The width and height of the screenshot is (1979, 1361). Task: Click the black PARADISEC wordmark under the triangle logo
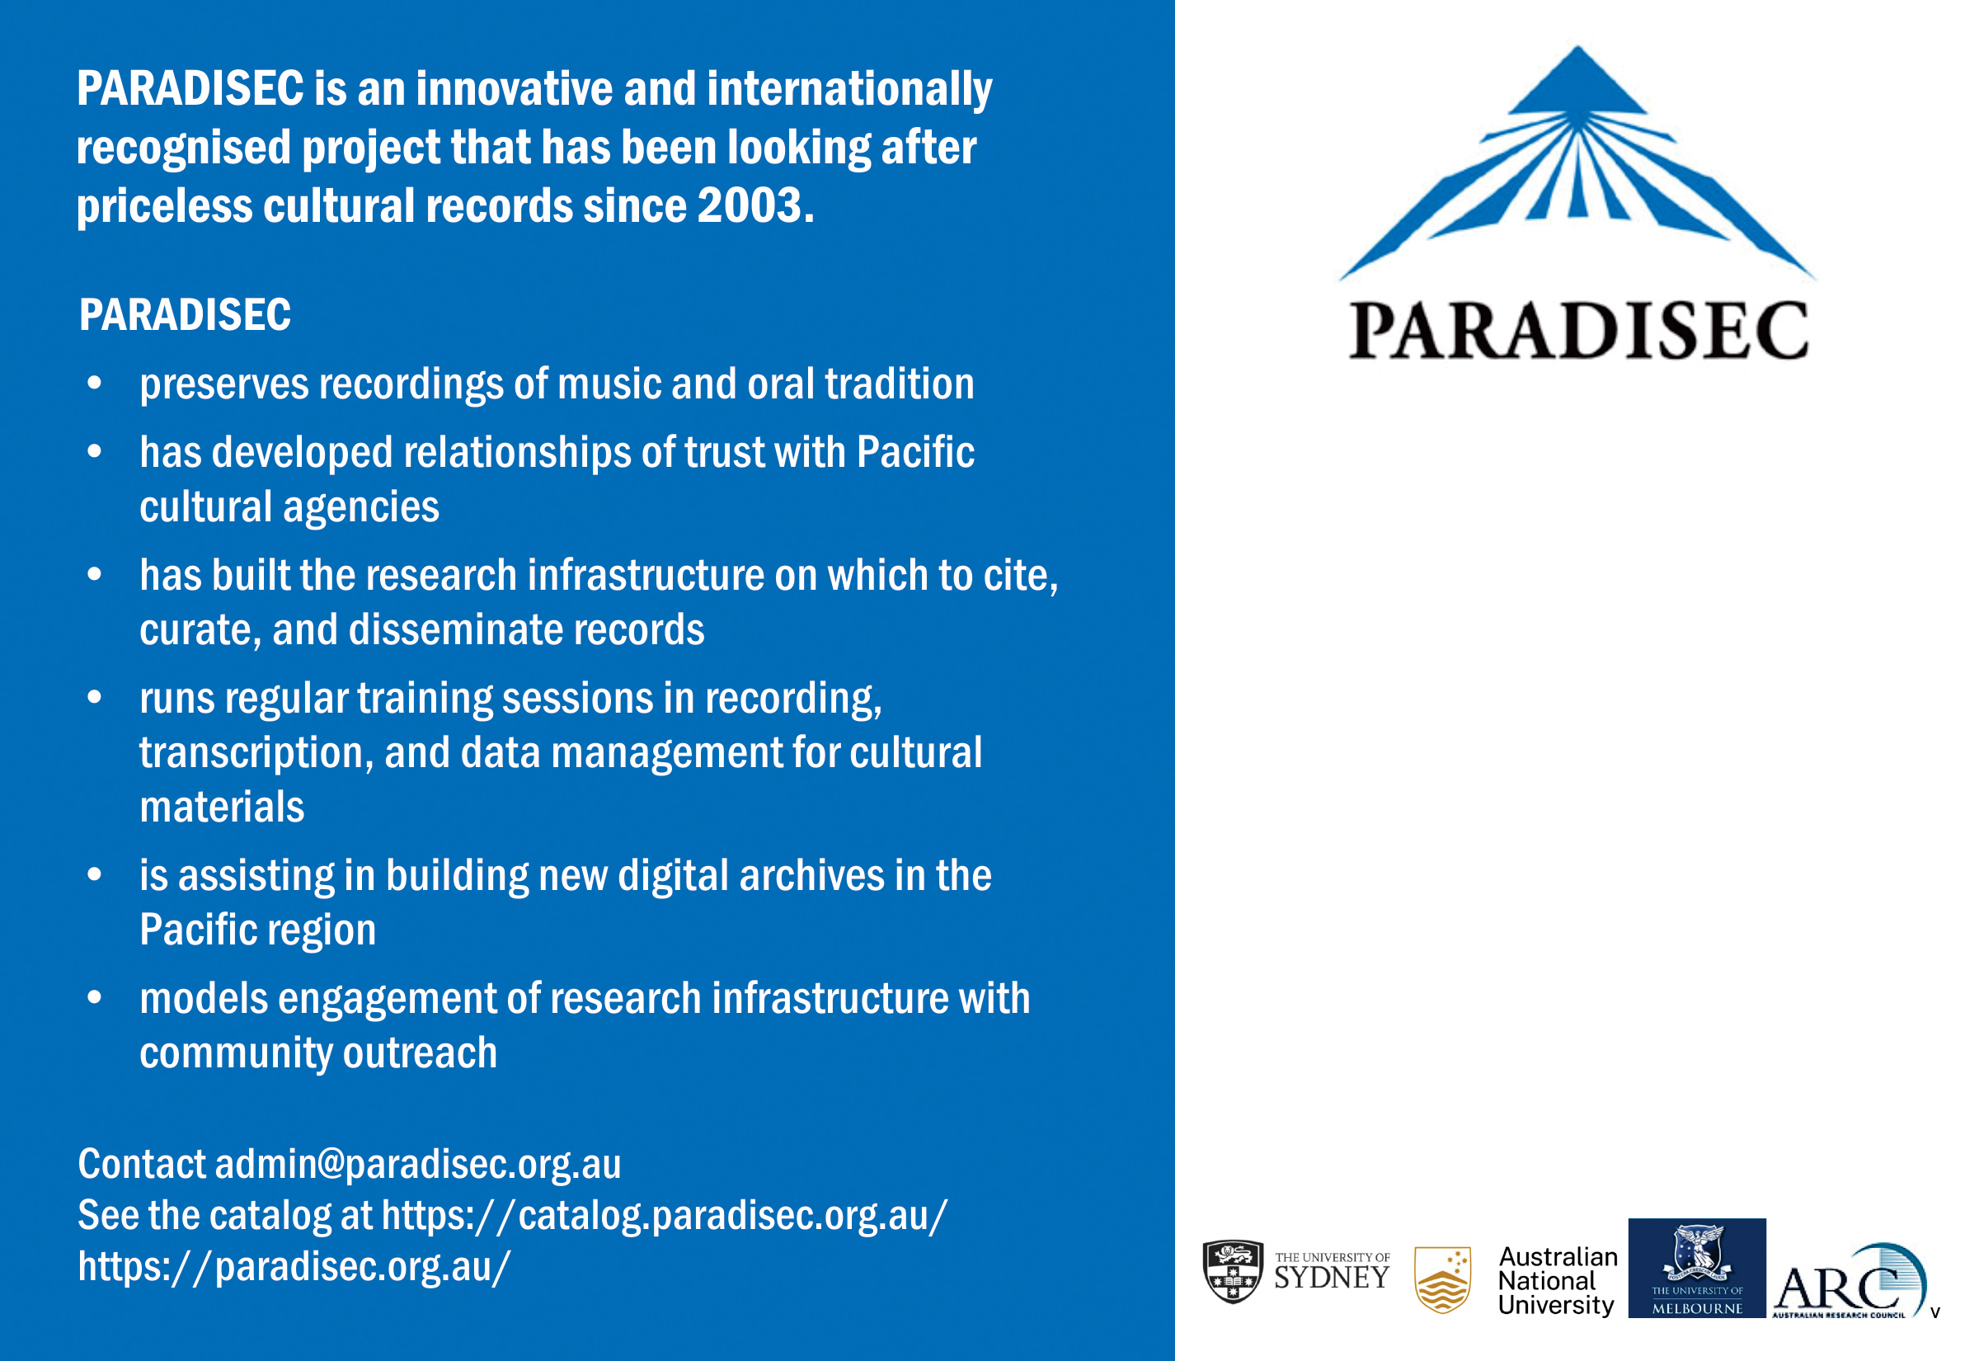tap(1578, 331)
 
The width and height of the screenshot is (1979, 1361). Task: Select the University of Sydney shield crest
tap(1233, 1271)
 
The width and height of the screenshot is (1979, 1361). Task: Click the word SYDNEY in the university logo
tap(1331, 1278)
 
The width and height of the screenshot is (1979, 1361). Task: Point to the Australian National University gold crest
tap(1442, 1280)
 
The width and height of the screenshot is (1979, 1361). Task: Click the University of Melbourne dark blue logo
tap(1697, 1268)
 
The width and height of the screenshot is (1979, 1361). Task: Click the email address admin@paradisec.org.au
tap(417, 1165)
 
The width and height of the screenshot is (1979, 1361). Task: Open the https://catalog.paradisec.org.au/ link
tap(664, 1216)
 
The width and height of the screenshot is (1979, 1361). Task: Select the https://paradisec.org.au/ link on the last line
tap(294, 1266)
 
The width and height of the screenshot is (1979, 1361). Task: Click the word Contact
tap(143, 1164)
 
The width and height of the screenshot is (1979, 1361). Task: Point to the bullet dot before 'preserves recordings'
tap(95, 383)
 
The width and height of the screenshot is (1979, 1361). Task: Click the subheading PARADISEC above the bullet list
tap(185, 314)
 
